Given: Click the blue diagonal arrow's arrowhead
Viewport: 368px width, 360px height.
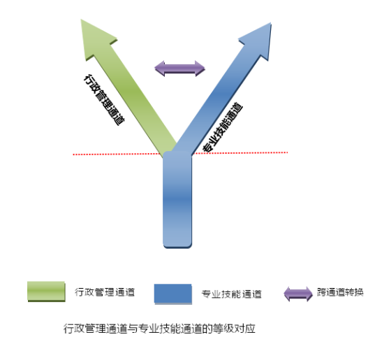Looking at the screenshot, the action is tap(258, 41).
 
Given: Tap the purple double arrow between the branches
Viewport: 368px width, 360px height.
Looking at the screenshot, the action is tap(179, 69).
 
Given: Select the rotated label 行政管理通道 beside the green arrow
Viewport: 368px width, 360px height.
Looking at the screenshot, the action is tap(104, 100).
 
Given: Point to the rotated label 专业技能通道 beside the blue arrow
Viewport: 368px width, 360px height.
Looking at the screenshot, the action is tap(223, 127).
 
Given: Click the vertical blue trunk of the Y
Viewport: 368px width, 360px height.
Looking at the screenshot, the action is tap(177, 200).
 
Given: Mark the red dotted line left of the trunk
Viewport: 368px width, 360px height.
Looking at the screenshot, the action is tap(117, 154).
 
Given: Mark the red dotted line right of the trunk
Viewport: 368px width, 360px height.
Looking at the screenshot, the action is tap(240, 153).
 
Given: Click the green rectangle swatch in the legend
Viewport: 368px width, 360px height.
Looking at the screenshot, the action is tap(46, 291).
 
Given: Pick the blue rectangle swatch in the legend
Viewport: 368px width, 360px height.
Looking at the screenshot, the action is tap(173, 294).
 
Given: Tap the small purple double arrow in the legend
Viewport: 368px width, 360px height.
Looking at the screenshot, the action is tap(298, 294).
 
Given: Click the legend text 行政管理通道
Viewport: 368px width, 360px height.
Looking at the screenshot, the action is tap(105, 292).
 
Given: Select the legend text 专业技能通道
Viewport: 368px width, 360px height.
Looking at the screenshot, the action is tap(231, 294).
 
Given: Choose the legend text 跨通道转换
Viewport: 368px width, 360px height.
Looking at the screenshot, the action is tap(340, 292).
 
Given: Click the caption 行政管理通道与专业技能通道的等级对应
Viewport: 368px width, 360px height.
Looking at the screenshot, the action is tap(159, 329).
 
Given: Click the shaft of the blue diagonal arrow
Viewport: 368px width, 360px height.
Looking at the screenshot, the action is tap(219, 98).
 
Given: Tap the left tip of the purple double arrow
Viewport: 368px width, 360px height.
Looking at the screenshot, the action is tap(154, 69).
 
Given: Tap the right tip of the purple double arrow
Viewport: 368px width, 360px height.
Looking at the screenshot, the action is tap(205, 69).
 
